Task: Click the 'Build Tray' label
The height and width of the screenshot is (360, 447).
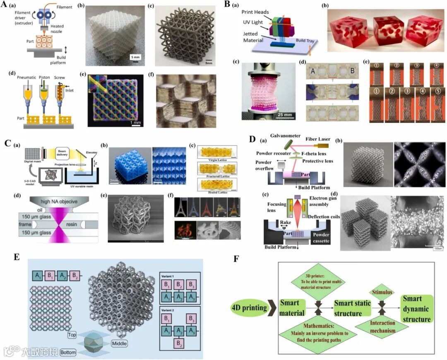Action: click(x=307, y=41)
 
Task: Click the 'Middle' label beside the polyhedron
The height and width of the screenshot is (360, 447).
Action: click(x=119, y=343)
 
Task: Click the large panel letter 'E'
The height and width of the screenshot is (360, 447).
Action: click(x=17, y=256)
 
